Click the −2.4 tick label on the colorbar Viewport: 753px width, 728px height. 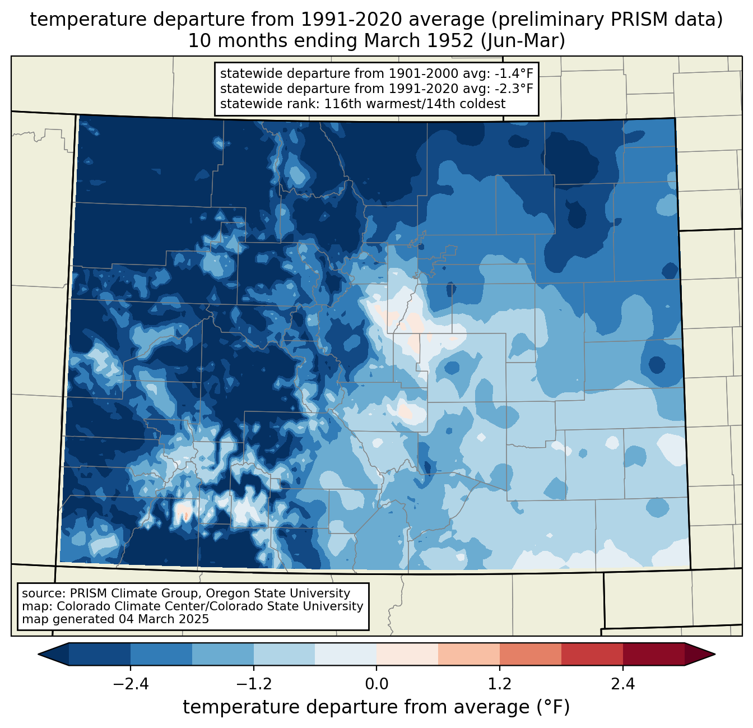(131, 684)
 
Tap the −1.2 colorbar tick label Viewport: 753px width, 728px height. (254, 684)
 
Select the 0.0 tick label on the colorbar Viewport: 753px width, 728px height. (376, 684)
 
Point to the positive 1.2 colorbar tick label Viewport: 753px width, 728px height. (500, 684)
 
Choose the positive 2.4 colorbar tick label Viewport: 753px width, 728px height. (623, 684)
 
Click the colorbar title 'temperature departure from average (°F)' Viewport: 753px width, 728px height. (376, 707)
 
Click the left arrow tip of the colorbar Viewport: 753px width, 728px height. (39, 655)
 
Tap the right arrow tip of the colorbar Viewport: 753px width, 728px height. (715, 655)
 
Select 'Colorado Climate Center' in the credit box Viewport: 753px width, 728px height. (128, 606)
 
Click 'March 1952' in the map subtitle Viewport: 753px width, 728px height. (419, 41)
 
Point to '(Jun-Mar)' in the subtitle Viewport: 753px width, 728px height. (523, 41)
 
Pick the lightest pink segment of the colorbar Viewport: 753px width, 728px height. (407, 655)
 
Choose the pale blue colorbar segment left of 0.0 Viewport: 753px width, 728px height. (346, 655)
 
